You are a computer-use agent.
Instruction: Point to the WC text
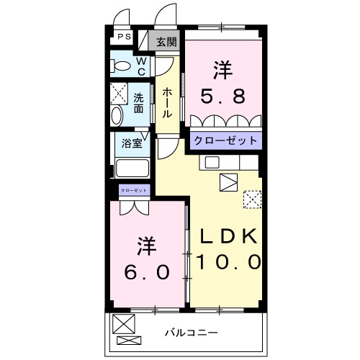(x=141, y=66)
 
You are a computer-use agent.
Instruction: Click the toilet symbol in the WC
(x=121, y=67)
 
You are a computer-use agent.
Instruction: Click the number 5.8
(x=222, y=95)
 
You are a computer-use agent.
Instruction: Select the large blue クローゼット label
(x=223, y=140)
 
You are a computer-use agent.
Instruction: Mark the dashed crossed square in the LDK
(x=253, y=198)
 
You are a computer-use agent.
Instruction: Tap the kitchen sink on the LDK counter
(x=211, y=162)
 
